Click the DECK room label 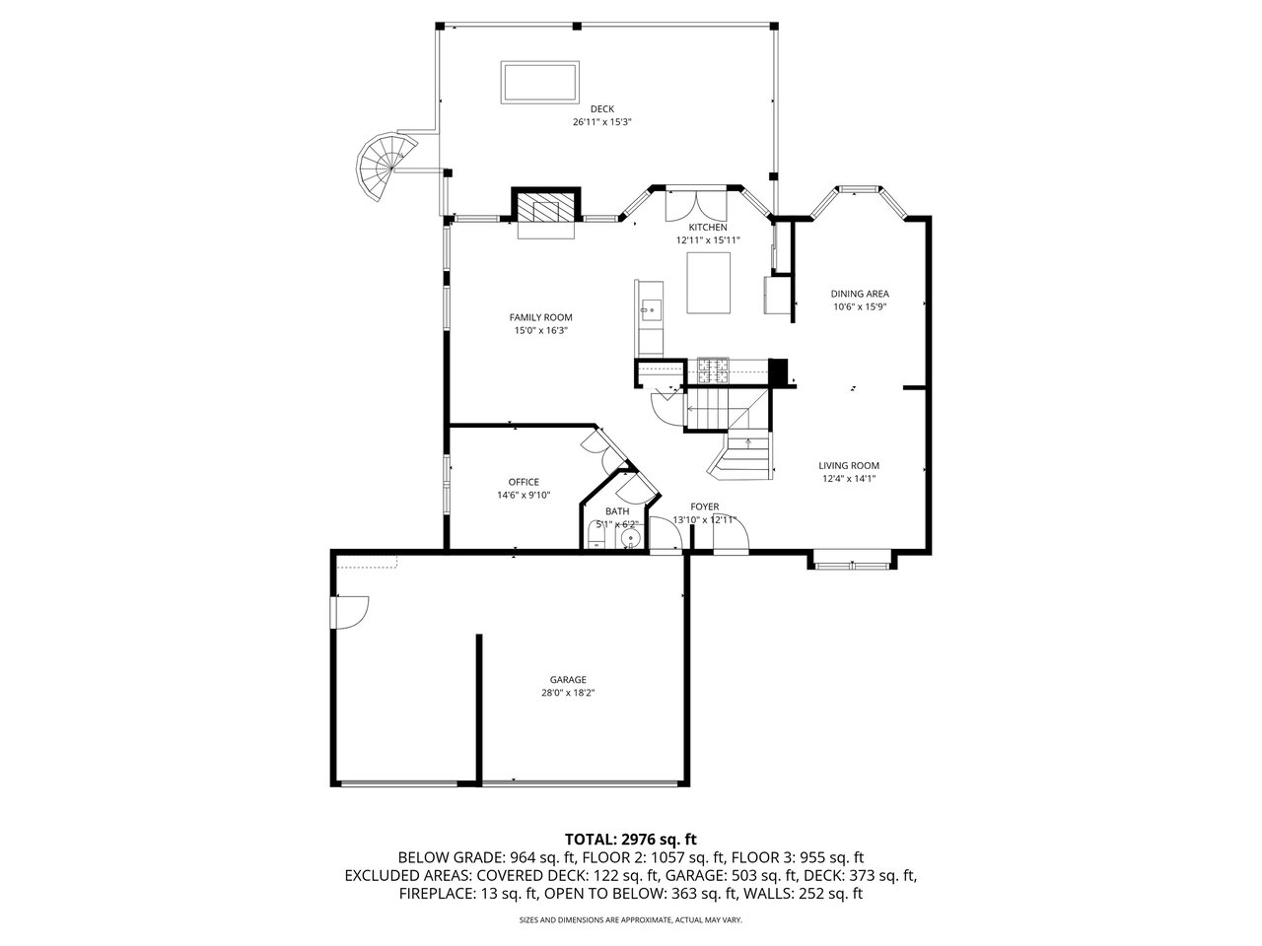pos(602,108)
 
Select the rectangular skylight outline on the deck pos(539,82)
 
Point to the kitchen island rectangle pos(708,283)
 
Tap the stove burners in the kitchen pos(713,371)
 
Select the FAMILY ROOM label pos(540,317)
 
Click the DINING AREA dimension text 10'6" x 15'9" pos(860,306)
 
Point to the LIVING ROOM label pos(849,465)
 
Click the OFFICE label pos(524,482)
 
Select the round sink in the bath pos(631,539)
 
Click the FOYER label pos(704,507)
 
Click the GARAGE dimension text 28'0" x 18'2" pos(568,693)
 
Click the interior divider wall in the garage pos(478,709)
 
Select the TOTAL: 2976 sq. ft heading pos(631,840)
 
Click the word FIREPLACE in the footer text pos(437,893)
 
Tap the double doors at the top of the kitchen pos(696,206)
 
